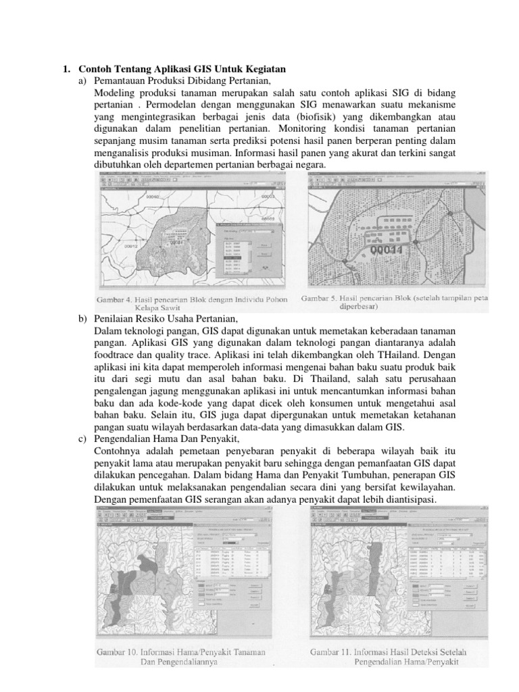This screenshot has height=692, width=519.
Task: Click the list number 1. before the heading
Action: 66,69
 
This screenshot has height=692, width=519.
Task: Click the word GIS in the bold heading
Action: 182,69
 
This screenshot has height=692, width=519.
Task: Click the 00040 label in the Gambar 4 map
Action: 155,196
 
